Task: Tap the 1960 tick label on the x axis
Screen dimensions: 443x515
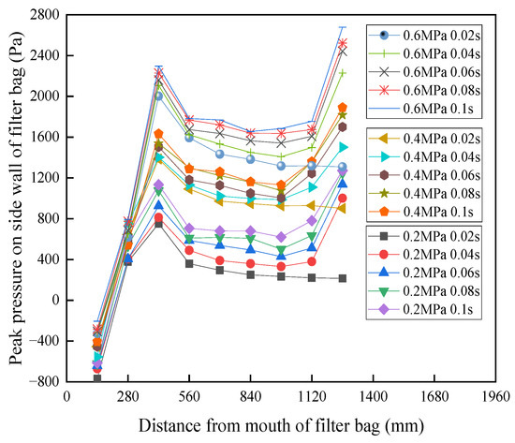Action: click(495, 397)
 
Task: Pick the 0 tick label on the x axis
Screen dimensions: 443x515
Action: click(66, 397)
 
